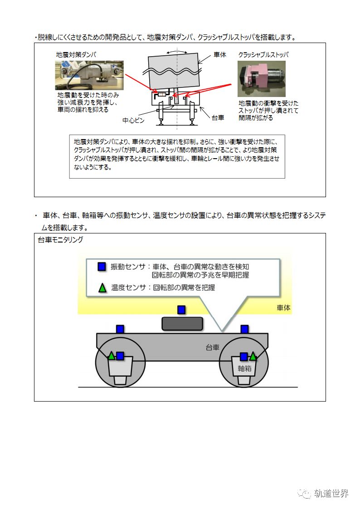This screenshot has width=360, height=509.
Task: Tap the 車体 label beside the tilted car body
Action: (220, 55)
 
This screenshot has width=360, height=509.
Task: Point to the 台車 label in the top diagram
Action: (218, 118)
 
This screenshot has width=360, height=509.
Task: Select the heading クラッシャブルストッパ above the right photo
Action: (263, 55)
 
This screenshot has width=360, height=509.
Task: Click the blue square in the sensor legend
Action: (102, 267)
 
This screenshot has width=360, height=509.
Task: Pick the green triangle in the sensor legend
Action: (102, 287)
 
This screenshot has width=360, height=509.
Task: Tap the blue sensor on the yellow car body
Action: (181, 310)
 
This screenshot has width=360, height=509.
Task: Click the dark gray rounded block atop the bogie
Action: (182, 323)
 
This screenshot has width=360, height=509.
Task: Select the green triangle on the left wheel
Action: (111, 356)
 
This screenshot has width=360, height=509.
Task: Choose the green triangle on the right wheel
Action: (253, 356)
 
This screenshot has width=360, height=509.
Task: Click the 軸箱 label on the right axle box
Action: (244, 368)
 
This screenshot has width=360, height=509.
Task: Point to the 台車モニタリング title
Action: (60, 239)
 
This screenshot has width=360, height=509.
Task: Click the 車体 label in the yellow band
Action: (283, 308)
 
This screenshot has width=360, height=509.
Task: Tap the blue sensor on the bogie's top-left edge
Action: (120, 329)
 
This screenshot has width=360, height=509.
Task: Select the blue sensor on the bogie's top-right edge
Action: (244, 329)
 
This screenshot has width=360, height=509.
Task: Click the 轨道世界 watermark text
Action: (331, 494)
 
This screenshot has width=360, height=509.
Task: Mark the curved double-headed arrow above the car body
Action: (175, 53)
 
